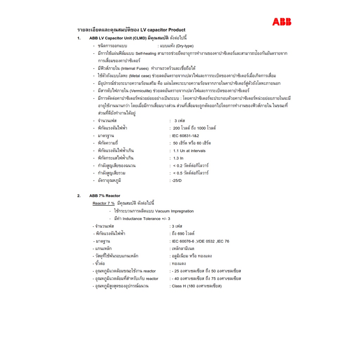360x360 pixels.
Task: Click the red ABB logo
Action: pos(282,22)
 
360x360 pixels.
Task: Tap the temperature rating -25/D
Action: pos(176,181)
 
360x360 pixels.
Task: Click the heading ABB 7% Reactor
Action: pos(104,196)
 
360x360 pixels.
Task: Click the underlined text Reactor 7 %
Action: pos(103,203)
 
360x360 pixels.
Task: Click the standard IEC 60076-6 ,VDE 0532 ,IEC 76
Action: pos(200,241)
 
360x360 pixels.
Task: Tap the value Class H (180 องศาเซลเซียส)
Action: pos(197,286)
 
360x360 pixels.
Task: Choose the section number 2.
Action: pos(79,196)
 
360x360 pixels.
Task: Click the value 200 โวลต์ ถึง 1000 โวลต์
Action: pos(194,128)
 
